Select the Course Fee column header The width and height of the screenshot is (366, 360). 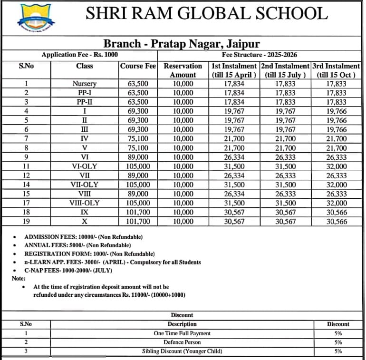(x=138, y=66)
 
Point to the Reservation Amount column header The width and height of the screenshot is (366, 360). (x=183, y=70)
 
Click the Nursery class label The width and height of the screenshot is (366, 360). (x=84, y=84)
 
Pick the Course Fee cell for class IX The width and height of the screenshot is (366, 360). (x=139, y=212)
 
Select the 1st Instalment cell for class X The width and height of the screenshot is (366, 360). (x=234, y=222)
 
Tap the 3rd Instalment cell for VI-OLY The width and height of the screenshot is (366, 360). (x=337, y=166)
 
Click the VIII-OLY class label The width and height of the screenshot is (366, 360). (x=84, y=203)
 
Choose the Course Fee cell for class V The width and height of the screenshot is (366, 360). (x=139, y=148)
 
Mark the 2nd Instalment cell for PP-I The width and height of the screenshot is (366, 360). (x=285, y=93)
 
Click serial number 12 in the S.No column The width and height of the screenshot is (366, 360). (x=26, y=175)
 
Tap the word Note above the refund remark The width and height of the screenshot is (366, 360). (x=19, y=279)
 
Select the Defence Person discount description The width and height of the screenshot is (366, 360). (x=182, y=342)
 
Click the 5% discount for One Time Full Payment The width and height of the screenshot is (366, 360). (x=338, y=333)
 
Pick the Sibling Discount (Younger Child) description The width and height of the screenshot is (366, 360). (x=182, y=351)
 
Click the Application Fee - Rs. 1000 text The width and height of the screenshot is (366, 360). (x=79, y=55)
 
